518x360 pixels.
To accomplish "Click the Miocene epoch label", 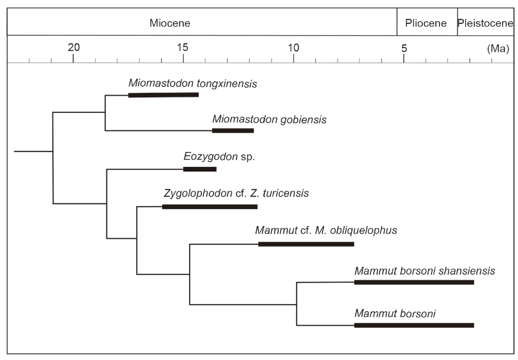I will [x=170, y=23].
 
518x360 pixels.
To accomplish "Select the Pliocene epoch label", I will [x=426, y=23].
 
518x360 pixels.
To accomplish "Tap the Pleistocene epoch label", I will [x=486, y=23].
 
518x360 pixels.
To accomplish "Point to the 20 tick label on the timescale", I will [x=74, y=48].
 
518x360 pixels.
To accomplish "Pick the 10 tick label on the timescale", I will [x=293, y=48].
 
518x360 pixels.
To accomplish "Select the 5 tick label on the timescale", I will [x=404, y=48].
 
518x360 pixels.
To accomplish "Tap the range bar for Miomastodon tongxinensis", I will [x=163, y=95].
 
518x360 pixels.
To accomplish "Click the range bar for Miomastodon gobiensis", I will [x=233, y=130].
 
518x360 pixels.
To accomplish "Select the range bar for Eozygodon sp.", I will [x=200, y=169].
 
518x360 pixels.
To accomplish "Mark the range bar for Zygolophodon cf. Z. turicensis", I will [x=209, y=206].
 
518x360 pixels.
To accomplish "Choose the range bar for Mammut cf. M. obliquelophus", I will [x=306, y=244].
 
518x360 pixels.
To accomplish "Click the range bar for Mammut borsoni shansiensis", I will [x=414, y=282].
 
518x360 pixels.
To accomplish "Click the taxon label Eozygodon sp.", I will [x=219, y=157].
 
